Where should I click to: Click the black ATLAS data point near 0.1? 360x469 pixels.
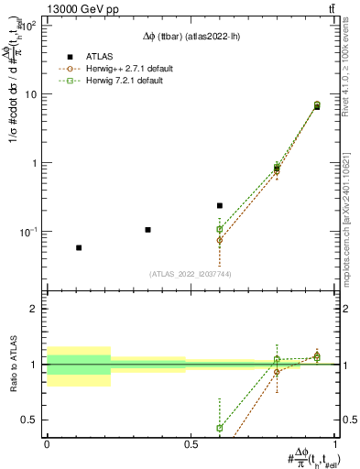[147, 229]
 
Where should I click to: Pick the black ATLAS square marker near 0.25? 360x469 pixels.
[220, 206]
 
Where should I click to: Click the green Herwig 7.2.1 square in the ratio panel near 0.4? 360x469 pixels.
[220, 428]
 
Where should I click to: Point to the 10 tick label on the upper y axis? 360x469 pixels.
[32, 94]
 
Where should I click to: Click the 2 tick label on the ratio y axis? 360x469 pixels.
[36, 309]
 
